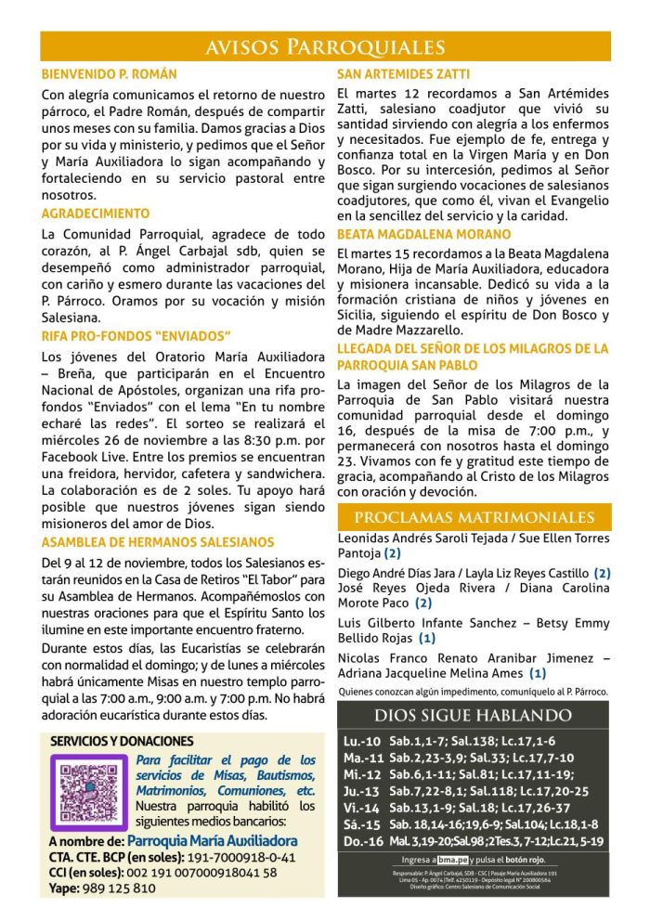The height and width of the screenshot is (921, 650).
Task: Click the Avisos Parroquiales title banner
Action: pyautogui.click(x=325, y=46)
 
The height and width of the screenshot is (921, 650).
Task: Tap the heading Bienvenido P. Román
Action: pyautogui.click(x=110, y=73)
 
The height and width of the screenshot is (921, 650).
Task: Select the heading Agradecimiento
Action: pyautogui.click(x=95, y=214)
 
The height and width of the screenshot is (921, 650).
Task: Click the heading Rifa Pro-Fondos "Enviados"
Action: pyautogui.click(x=136, y=335)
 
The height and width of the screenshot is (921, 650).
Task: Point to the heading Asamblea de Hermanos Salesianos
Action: pyautogui.click(x=158, y=542)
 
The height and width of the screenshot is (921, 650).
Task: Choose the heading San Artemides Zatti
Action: pyautogui.click(x=403, y=73)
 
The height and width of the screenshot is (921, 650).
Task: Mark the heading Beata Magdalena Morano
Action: pyautogui.click(x=423, y=234)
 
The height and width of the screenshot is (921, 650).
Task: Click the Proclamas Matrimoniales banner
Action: pyautogui.click(x=474, y=517)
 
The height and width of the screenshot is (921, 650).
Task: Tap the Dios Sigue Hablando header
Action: pyautogui.click(x=474, y=715)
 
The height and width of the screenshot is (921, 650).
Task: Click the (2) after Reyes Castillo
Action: pyautogui.click(x=602, y=574)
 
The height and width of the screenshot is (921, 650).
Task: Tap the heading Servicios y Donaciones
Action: pyautogui.click(x=122, y=741)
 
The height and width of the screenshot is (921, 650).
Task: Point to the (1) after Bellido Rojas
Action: pyautogui.click(x=426, y=638)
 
